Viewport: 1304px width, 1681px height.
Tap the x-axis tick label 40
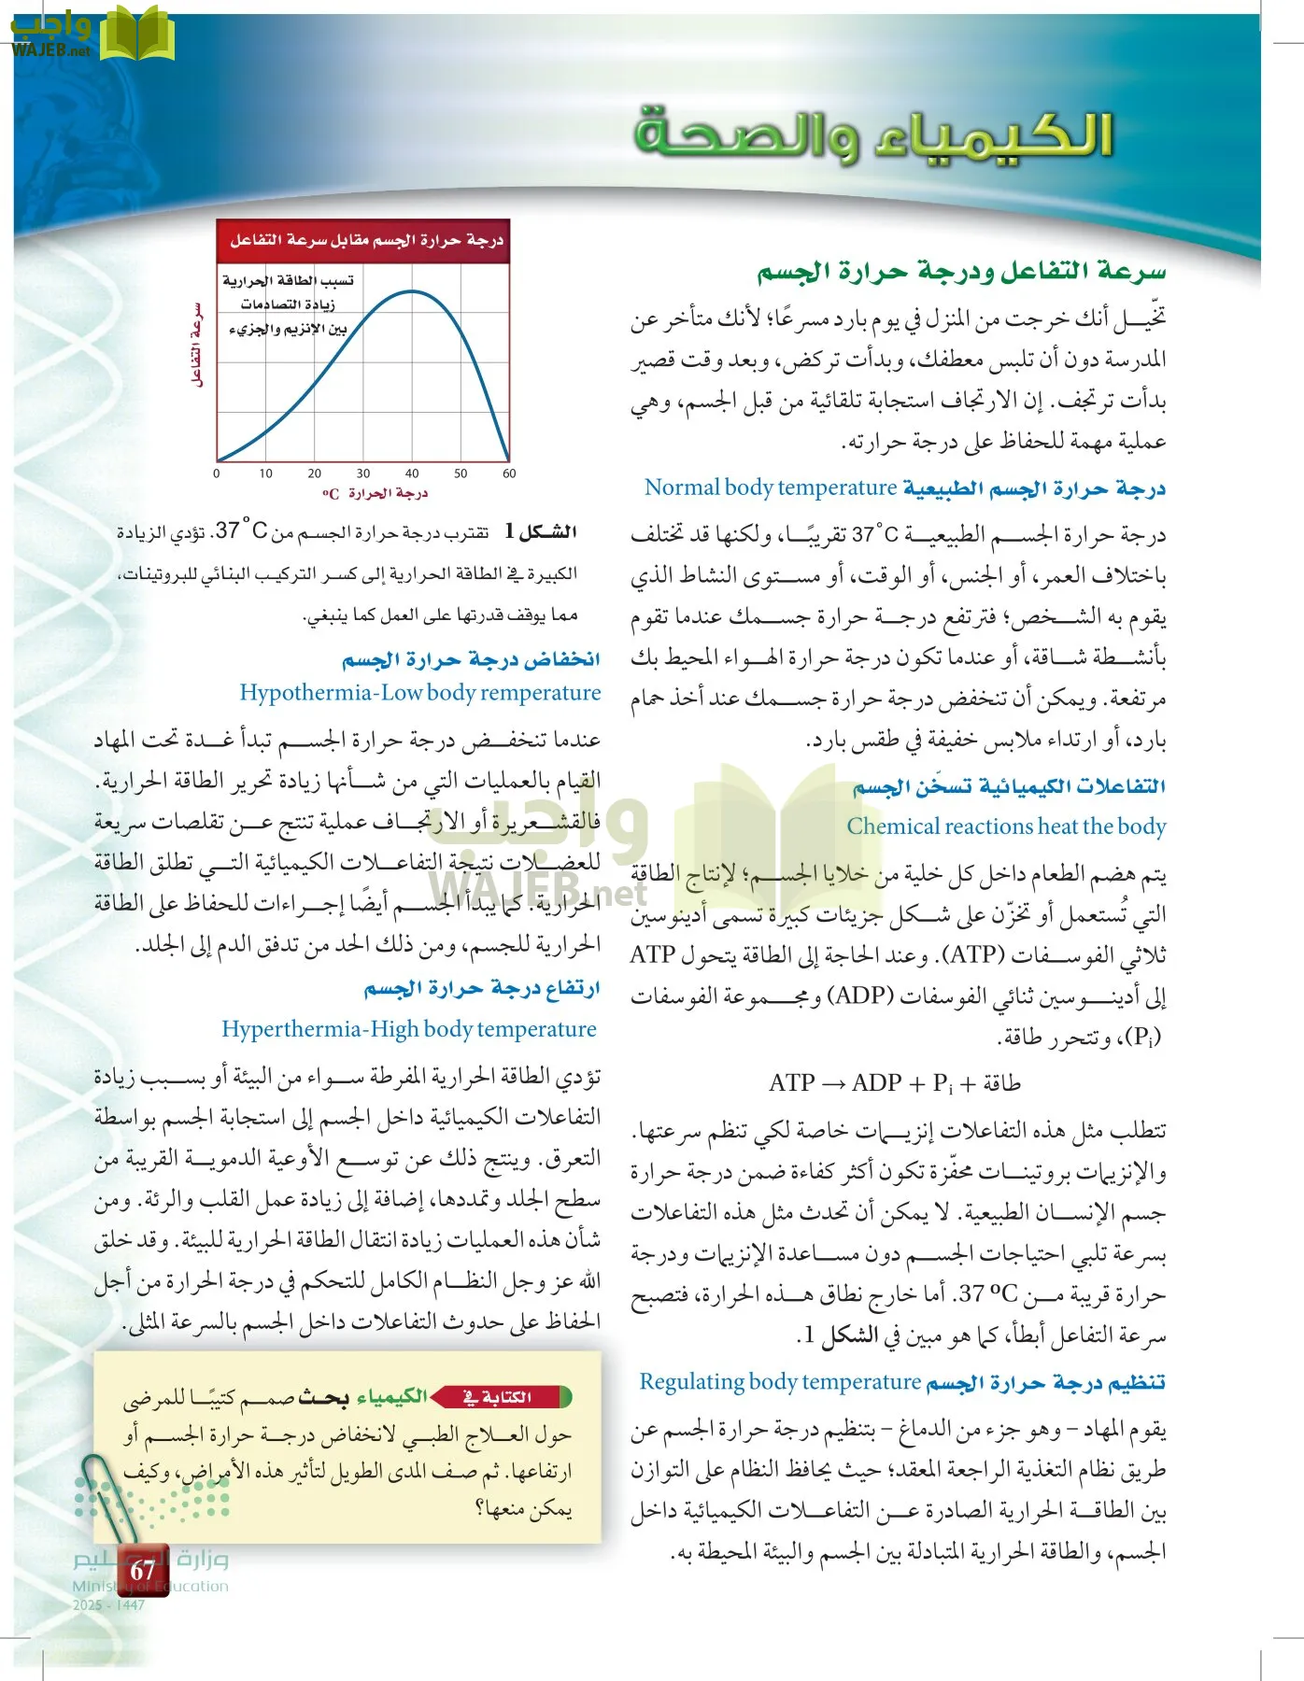(412, 473)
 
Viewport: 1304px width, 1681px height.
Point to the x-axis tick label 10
(266, 473)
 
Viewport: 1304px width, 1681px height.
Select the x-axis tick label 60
(509, 473)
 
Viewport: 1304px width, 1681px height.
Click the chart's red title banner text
(366, 240)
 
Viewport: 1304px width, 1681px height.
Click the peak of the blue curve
(411, 291)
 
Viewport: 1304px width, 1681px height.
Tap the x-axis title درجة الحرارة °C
(376, 493)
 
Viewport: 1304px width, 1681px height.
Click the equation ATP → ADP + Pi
(894, 1083)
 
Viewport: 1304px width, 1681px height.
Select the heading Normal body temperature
(771, 487)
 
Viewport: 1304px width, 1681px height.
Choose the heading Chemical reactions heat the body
(1006, 826)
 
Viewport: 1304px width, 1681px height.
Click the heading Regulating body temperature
(780, 1382)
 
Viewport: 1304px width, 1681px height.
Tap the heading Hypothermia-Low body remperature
(420, 693)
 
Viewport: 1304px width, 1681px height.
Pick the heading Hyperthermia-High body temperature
(409, 1029)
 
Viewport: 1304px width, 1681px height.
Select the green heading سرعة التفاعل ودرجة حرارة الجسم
(961, 272)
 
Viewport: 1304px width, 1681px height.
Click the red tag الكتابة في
(504, 1397)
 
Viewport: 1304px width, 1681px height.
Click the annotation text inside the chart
(288, 304)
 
